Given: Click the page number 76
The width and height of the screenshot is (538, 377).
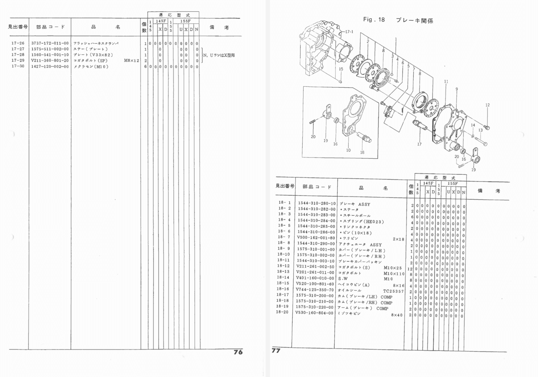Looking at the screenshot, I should pos(238,352).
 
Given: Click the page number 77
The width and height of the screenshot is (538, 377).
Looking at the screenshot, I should pos(276,350).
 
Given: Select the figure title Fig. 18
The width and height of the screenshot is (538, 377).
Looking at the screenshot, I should pos(374,20).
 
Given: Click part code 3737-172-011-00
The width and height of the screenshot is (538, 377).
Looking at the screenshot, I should pos(50,43).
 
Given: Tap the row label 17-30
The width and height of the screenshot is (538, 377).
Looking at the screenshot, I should pos(18,66).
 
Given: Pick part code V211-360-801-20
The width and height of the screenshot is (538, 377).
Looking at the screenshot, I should pos(50,61).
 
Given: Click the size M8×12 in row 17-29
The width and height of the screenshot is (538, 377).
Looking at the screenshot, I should pos(131,61).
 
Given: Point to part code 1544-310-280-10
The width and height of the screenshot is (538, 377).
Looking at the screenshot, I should pos(317,203).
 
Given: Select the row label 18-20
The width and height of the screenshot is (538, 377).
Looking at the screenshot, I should pos(282,312).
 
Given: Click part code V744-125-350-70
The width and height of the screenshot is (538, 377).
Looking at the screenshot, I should pos(315,290).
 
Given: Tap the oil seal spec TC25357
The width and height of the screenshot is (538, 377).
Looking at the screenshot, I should pos(393,291).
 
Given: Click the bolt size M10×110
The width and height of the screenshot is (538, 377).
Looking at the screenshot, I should pos(394,274).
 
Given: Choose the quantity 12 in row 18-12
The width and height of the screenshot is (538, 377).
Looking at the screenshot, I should pos(410,269).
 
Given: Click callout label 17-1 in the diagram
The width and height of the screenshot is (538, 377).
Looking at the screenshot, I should pos(349,31).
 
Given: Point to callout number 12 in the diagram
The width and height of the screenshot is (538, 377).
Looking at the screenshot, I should pos(487,105).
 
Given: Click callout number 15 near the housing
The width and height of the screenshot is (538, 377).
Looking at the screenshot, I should pos(341,69).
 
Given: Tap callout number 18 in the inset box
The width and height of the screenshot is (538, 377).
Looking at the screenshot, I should pos(362,152).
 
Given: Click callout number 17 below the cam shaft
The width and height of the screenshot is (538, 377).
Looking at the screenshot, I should pos(419,144).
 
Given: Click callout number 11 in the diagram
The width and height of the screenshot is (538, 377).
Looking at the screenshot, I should pos(446,82).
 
